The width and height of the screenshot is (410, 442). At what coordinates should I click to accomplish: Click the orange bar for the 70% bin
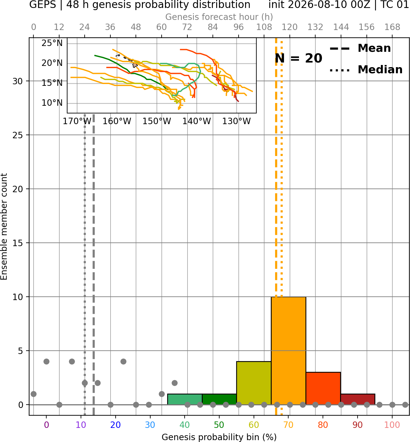click(288, 351)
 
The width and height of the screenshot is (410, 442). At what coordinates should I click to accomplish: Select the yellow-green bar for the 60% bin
click(254, 383)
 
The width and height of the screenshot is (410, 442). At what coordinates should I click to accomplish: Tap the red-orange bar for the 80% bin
click(323, 388)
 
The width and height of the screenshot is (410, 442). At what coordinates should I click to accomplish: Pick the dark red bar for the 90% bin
click(358, 399)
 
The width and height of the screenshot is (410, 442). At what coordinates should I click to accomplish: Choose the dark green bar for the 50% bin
click(219, 399)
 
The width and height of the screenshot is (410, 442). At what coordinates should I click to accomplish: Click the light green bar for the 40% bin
click(185, 399)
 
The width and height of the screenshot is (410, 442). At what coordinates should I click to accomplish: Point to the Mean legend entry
click(360, 48)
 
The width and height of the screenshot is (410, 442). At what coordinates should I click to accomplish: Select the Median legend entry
click(366, 70)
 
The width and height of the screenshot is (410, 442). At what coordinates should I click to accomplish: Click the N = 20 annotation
click(298, 58)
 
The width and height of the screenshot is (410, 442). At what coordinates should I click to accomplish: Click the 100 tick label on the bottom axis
click(392, 425)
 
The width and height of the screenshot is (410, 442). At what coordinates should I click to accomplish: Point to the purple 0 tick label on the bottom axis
click(46, 425)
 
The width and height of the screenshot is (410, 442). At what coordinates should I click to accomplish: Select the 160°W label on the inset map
click(117, 121)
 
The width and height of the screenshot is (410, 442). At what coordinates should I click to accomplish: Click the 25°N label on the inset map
click(52, 43)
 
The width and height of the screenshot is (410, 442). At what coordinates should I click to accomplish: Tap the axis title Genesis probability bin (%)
click(219, 437)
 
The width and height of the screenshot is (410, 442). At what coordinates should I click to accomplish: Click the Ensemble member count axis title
click(4, 227)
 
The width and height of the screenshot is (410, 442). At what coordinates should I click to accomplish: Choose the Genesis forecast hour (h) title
click(219, 17)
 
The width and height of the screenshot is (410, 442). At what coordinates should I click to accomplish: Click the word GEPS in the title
click(43, 5)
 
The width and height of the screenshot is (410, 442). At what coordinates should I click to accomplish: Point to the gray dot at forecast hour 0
click(33, 394)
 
